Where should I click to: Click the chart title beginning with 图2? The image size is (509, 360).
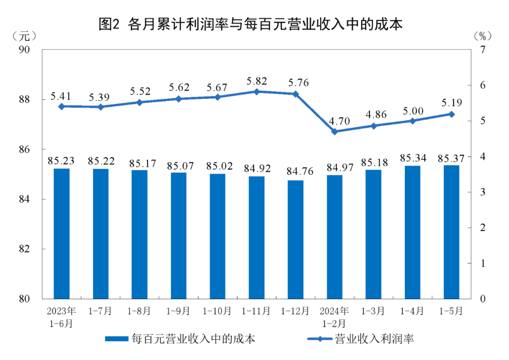250,25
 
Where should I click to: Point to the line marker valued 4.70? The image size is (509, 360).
335,132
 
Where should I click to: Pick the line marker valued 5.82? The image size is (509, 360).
256,91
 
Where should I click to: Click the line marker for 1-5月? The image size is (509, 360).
452,114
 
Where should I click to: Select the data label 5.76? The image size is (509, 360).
296,83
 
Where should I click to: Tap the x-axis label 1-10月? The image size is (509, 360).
217,311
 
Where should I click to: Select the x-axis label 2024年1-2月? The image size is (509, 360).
335,317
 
